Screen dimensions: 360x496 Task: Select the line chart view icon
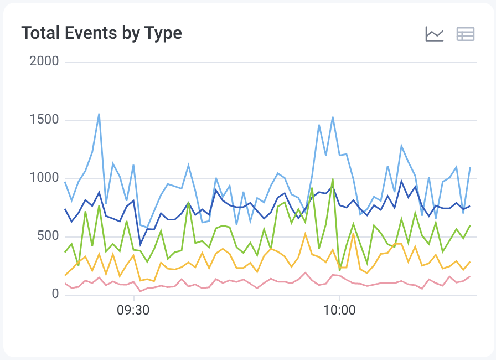coord(435,34)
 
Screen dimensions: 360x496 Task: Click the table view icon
coord(466,34)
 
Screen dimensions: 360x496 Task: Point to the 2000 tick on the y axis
coord(44,61)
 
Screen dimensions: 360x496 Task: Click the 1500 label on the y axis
coord(44,120)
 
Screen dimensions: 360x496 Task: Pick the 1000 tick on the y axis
coord(44,178)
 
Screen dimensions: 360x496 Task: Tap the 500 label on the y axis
coord(48,236)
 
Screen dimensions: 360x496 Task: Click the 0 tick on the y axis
coord(55,295)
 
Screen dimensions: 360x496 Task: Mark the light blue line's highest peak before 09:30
coord(99,114)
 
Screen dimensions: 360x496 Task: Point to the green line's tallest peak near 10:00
coord(332,179)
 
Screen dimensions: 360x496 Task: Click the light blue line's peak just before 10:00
coord(333,117)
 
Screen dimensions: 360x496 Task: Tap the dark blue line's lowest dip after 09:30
coord(141,244)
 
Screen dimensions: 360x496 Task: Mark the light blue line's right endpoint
coord(470,167)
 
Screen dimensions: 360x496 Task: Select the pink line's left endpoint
coord(65,284)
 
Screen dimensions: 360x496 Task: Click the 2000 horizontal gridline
coord(271,62)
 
